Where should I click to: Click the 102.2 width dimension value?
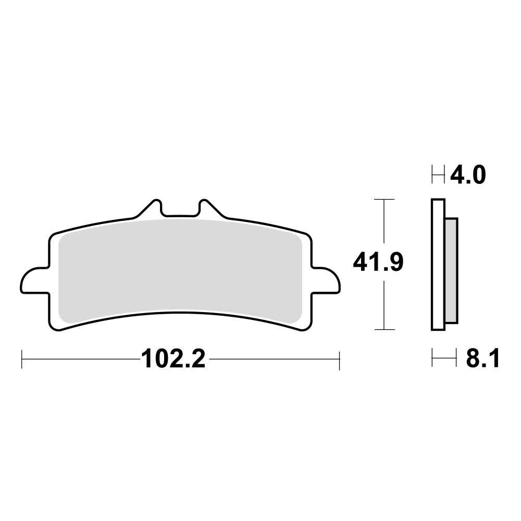[173, 359]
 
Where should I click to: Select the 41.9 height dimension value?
[378, 262]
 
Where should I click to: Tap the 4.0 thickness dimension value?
[468, 175]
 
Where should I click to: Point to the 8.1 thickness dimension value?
[482, 359]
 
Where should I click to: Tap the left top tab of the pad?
[151, 208]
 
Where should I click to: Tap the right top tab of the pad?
[207, 208]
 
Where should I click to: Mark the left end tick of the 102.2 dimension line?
[22, 359]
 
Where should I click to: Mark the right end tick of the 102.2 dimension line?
[339, 359]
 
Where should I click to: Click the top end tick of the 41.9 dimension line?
[384, 200]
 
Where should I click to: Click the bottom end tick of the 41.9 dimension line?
[384, 329]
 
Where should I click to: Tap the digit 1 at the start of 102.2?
[146, 359]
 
